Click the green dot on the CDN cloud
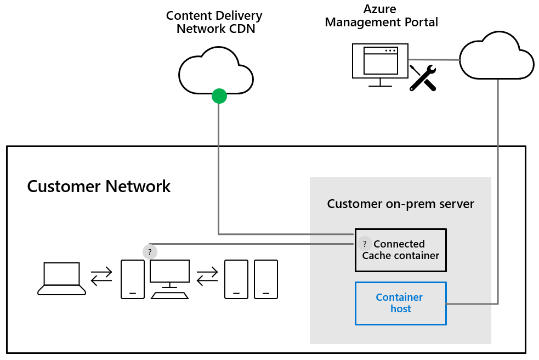(x=219, y=96)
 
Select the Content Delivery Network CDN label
(x=215, y=22)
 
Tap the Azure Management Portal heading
(x=381, y=16)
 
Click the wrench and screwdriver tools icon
(x=423, y=77)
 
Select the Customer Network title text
(x=99, y=187)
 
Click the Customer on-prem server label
(x=400, y=204)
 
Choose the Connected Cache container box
(x=400, y=250)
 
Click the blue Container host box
(x=400, y=303)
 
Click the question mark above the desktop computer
(x=150, y=252)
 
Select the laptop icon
(x=61, y=279)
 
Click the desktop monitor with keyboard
(x=169, y=279)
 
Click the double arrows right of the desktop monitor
(x=207, y=277)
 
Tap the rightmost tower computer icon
(x=266, y=279)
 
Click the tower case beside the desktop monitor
(x=133, y=279)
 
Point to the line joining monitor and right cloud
(x=433, y=59)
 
